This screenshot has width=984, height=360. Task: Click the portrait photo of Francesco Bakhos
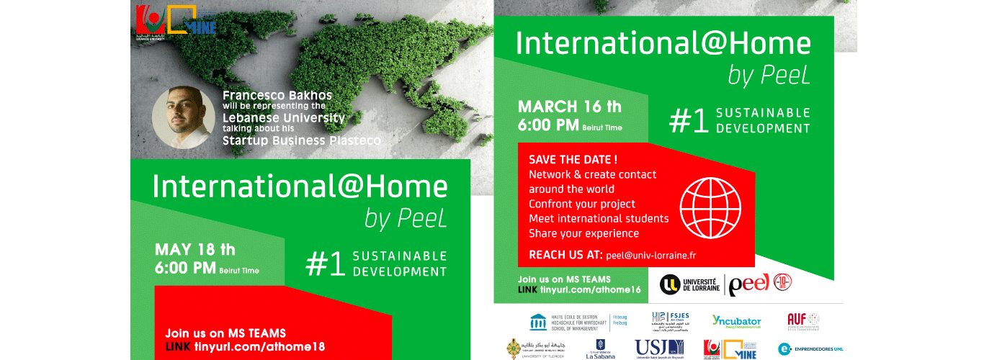[x=182, y=118]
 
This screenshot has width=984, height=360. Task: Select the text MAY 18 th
[x=195, y=251]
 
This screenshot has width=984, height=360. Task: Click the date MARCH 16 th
[x=570, y=107]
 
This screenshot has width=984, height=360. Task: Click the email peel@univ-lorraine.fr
[x=650, y=255]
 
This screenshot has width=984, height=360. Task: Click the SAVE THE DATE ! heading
[x=573, y=159]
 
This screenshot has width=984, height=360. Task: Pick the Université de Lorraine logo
[x=689, y=284]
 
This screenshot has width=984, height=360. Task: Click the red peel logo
[x=749, y=284]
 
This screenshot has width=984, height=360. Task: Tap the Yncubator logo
[x=736, y=320]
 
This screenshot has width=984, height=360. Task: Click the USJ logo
[x=659, y=348]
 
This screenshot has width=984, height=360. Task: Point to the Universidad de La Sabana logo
[x=599, y=348]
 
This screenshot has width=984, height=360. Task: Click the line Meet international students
[x=599, y=218]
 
